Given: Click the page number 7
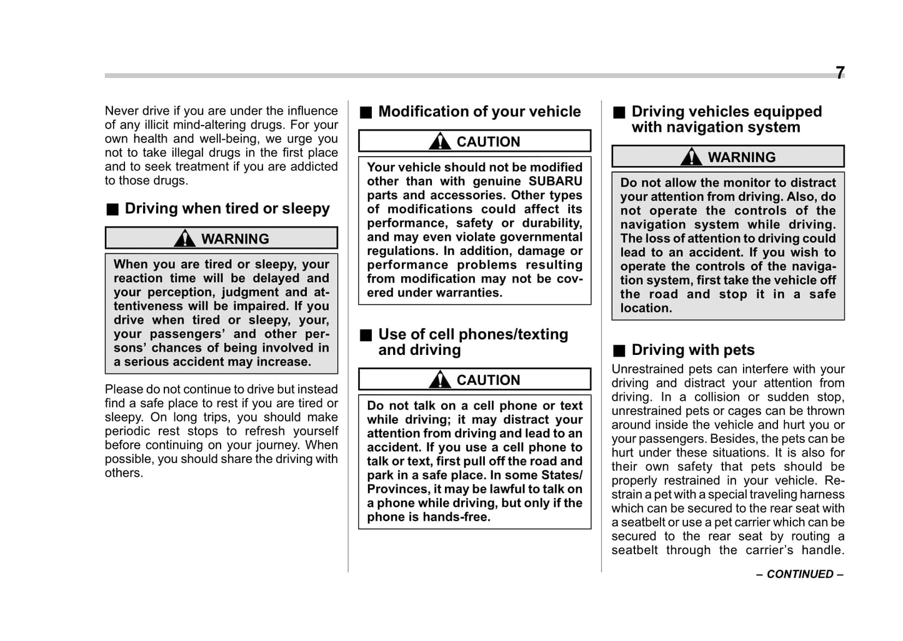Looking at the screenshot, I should pyautogui.click(x=840, y=73).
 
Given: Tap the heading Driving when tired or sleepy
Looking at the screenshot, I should pyautogui.click(x=227, y=209).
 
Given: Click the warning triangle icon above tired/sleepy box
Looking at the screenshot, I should pyautogui.click(x=185, y=238).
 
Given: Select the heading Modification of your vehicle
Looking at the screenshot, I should pyautogui.click(x=479, y=112).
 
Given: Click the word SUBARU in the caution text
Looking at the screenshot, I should pyautogui.click(x=555, y=181).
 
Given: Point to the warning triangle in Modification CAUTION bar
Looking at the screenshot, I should pyautogui.click(x=440, y=141).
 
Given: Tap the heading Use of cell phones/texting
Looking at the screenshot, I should pyautogui.click(x=473, y=335).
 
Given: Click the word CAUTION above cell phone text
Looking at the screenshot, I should pyautogui.click(x=488, y=380).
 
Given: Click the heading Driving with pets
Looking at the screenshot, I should pyautogui.click(x=692, y=350).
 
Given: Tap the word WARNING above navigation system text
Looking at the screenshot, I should pyautogui.click(x=741, y=157).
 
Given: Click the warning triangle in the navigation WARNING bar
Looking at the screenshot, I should pyautogui.click(x=691, y=156).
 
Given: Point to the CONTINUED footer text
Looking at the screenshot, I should pyautogui.click(x=800, y=574).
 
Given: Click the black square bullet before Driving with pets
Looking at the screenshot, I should pyautogui.click(x=618, y=350).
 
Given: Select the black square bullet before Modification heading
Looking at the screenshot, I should pyautogui.click(x=366, y=112).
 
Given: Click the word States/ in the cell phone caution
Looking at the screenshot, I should pyautogui.click(x=561, y=475).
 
